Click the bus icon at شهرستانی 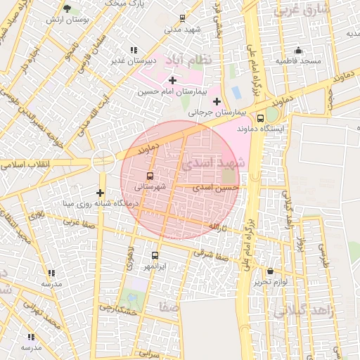coord(149,176)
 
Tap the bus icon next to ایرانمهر coord(155,256)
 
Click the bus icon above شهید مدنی coord(183,18)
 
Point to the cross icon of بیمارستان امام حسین coord(172,81)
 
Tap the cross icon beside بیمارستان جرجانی coord(217,101)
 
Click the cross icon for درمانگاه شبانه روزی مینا coord(100,193)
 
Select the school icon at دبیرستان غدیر coord(134,50)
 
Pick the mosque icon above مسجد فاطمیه coord(298,50)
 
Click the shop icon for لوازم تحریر coord(270,271)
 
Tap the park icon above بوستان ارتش coord(67,8)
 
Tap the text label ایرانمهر coord(154,267)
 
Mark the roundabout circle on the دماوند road coord(103,161)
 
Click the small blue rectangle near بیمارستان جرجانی coord(236,92)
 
